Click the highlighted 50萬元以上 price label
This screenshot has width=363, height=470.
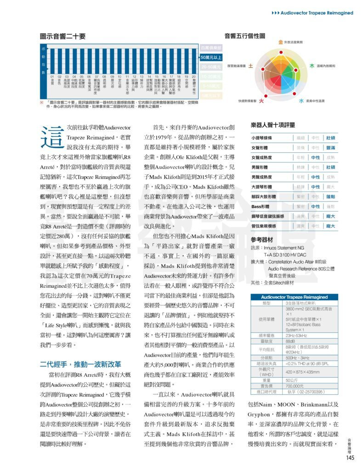(211, 57)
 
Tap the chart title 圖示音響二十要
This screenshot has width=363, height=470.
(63, 36)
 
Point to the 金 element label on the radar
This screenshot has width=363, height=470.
(280, 42)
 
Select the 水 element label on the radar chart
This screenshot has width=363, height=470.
(301, 101)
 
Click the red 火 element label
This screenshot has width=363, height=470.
(261, 101)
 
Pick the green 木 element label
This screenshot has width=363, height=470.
(312, 66)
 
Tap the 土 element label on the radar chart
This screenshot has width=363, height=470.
(250, 66)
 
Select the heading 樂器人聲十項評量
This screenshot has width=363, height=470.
(273, 125)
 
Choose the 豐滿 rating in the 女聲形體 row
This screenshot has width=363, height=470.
(330, 148)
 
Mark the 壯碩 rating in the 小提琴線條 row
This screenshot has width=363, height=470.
(330, 138)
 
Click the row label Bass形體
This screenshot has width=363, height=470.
(261, 207)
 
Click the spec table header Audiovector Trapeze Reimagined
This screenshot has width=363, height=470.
(295, 297)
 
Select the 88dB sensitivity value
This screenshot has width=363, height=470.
(290, 341)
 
